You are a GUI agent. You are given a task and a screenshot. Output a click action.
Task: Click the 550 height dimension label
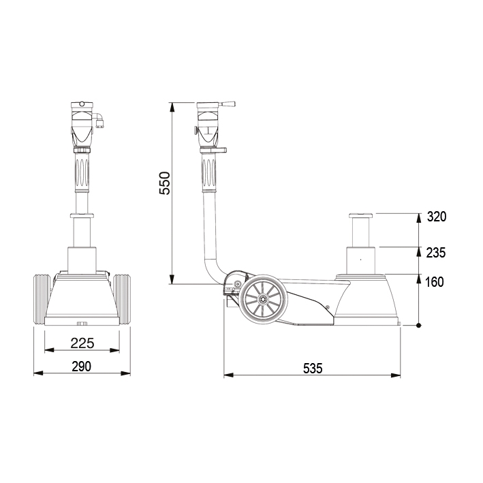(x=164, y=183)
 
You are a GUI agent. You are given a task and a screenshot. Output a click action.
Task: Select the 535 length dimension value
(x=312, y=369)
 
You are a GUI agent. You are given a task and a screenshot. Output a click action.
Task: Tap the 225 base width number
(x=82, y=343)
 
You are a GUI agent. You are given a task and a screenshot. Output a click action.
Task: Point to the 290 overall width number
(x=82, y=367)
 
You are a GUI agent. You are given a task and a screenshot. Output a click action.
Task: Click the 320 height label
(x=437, y=217)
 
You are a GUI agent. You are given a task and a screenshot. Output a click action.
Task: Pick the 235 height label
(x=436, y=253)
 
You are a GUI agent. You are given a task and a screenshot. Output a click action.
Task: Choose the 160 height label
(x=435, y=282)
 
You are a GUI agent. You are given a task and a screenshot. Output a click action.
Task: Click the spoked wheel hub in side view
(x=264, y=299)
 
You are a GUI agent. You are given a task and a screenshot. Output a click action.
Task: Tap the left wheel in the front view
(x=42, y=299)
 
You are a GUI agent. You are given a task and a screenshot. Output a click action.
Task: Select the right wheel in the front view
(x=122, y=299)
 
